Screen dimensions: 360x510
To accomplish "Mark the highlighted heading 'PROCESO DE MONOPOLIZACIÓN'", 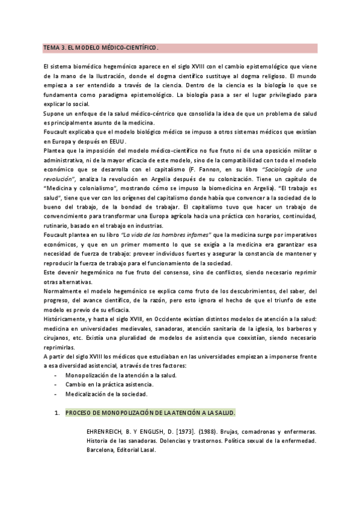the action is pyautogui.click(x=150, y=413).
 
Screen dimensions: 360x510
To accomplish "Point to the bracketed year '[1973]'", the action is pyautogui.click(x=198, y=432).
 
